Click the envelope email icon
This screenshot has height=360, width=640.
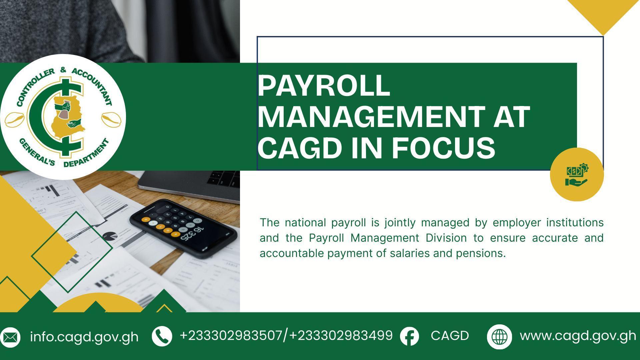(x=10, y=337)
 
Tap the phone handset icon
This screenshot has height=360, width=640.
(x=162, y=336)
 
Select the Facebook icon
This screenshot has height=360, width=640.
(x=409, y=336)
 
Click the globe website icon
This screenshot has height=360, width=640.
(x=499, y=337)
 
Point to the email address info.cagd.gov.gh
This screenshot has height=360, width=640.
(x=84, y=337)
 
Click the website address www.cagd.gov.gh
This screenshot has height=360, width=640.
(x=578, y=336)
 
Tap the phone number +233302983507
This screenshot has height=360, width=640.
(x=231, y=335)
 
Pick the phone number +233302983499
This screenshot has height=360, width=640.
(x=341, y=335)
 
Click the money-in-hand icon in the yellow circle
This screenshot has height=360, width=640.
(x=577, y=175)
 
